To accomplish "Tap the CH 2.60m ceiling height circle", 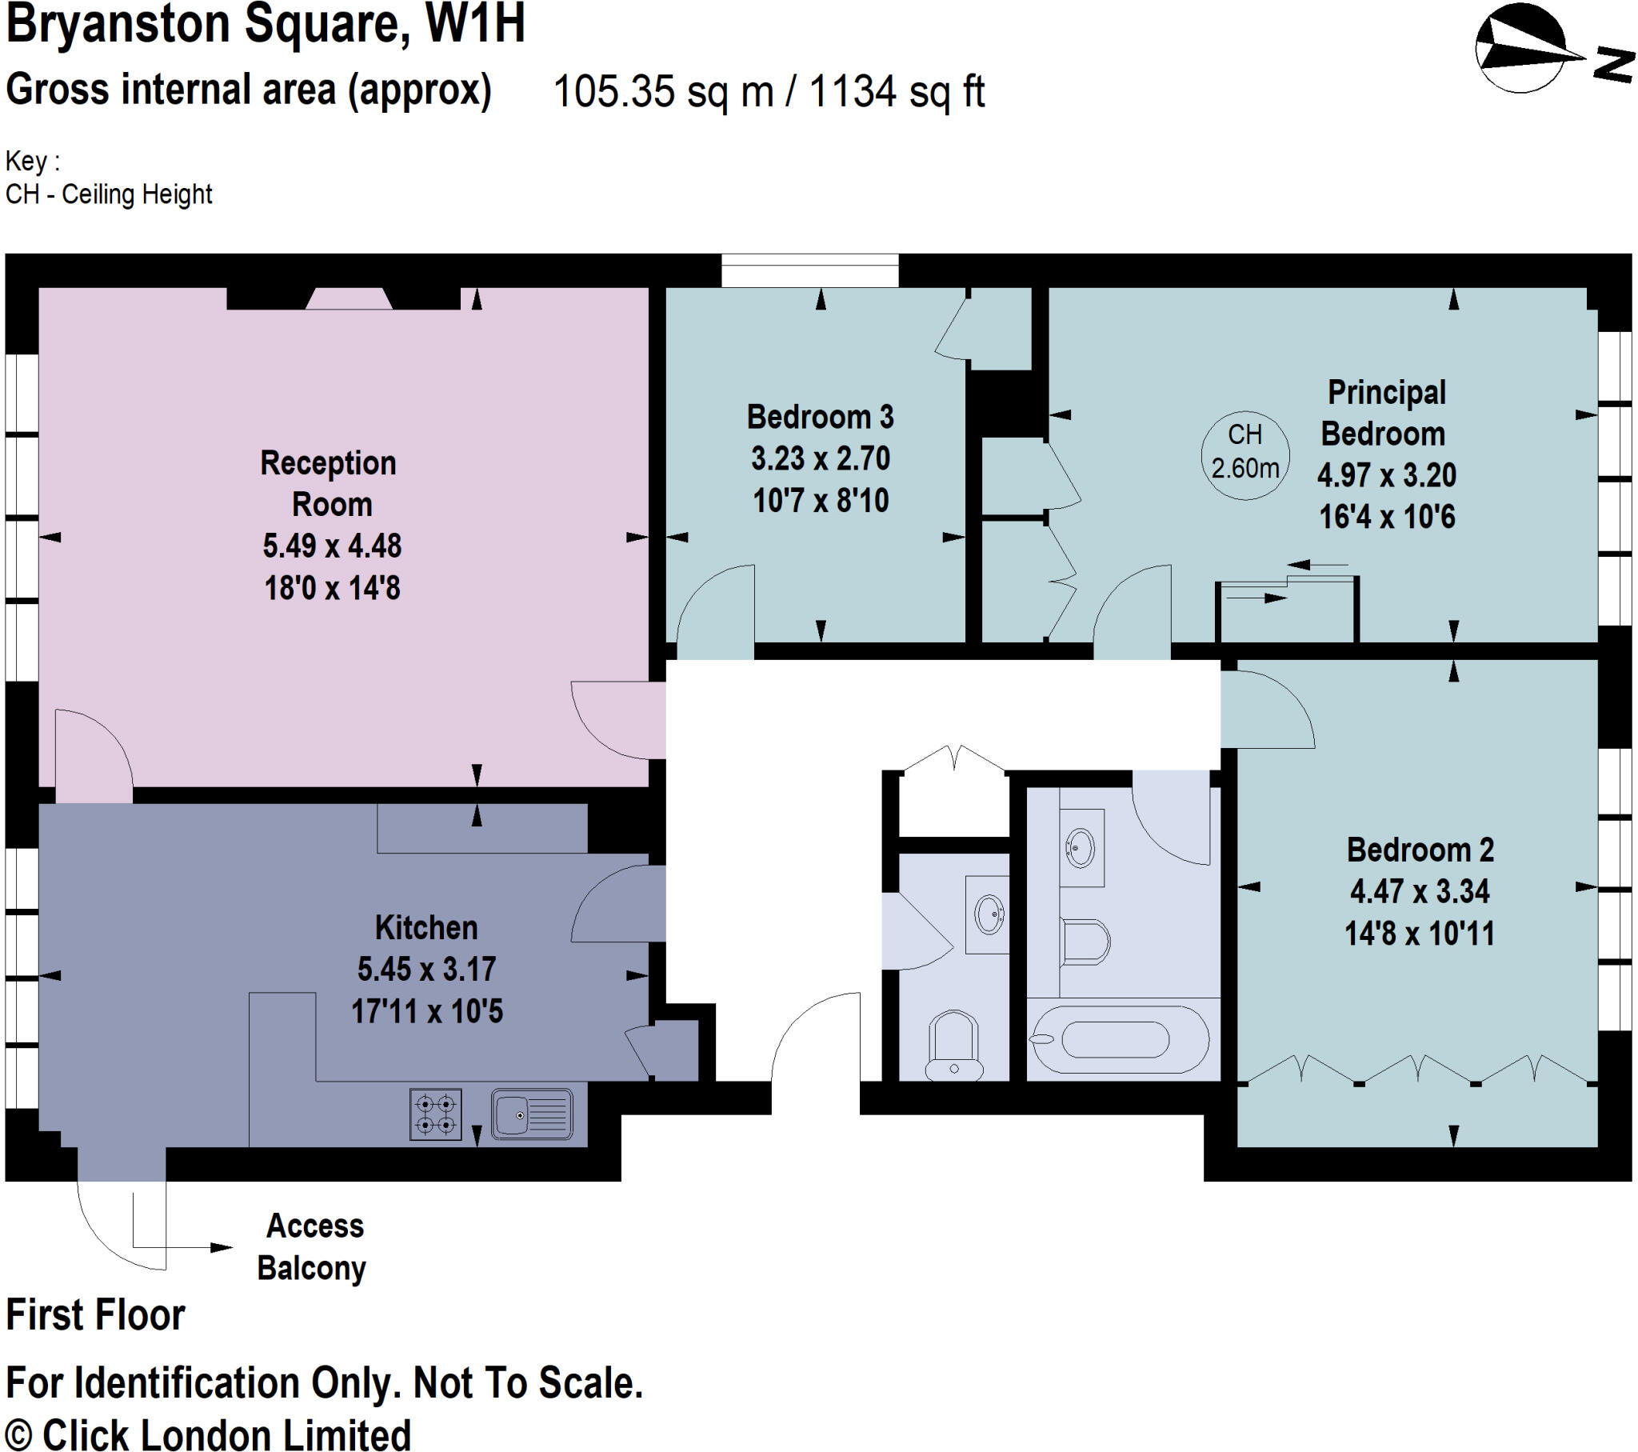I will tap(1244, 454).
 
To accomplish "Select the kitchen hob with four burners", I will tap(435, 1114).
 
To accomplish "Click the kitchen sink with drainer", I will tap(531, 1114).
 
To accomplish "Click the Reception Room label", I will tap(329, 482).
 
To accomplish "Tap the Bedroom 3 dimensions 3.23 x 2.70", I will tap(820, 458).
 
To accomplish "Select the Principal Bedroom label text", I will tap(1384, 413).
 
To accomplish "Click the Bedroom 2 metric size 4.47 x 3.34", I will tap(1419, 890).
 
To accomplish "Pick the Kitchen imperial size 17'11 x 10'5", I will tap(426, 1011).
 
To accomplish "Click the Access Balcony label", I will tap(313, 1246).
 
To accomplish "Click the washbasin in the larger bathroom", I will tap(1081, 847).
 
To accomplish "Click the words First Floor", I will tap(95, 1315).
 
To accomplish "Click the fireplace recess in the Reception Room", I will tap(349, 298).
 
